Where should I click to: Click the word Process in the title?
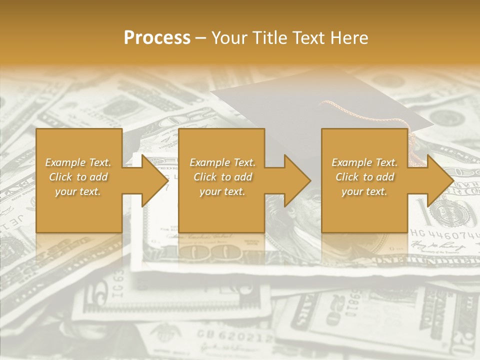(x=157, y=37)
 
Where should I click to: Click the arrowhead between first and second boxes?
(x=154, y=180)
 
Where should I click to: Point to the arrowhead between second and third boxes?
(x=297, y=180)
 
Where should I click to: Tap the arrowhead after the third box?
(x=439, y=180)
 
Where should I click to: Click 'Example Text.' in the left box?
(x=78, y=162)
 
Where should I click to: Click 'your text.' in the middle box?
(x=222, y=191)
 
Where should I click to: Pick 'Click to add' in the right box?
(x=364, y=177)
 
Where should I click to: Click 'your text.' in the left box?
(x=78, y=191)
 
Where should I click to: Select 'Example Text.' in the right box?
(x=364, y=162)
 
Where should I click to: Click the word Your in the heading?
(x=229, y=37)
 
